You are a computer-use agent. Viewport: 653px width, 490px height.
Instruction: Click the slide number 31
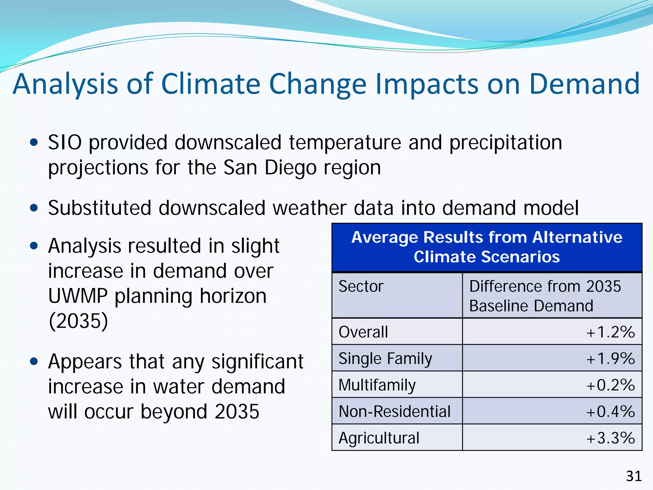point(634,476)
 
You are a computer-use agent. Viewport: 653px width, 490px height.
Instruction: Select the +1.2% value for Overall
point(611,332)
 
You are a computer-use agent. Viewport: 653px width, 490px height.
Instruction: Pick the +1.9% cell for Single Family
point(611,359)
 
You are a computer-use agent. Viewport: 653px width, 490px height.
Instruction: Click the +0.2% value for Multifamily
point(611,385)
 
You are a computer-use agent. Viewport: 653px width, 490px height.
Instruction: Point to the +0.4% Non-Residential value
point(611,412)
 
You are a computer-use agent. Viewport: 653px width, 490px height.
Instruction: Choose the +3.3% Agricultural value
point(611,438)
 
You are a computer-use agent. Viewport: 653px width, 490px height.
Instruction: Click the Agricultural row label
point(379,438)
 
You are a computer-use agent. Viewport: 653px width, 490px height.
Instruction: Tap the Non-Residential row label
point(394,412)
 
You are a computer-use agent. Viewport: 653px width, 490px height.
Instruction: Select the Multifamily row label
point(377,385)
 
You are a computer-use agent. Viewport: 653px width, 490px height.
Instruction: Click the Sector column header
point(361,286)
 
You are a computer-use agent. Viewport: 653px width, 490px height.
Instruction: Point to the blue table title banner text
point(487,247)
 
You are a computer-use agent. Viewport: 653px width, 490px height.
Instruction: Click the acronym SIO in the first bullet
point(65,142)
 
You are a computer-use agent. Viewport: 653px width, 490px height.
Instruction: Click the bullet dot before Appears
point(34,361)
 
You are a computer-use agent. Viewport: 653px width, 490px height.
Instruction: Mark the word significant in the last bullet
point(257,362)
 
